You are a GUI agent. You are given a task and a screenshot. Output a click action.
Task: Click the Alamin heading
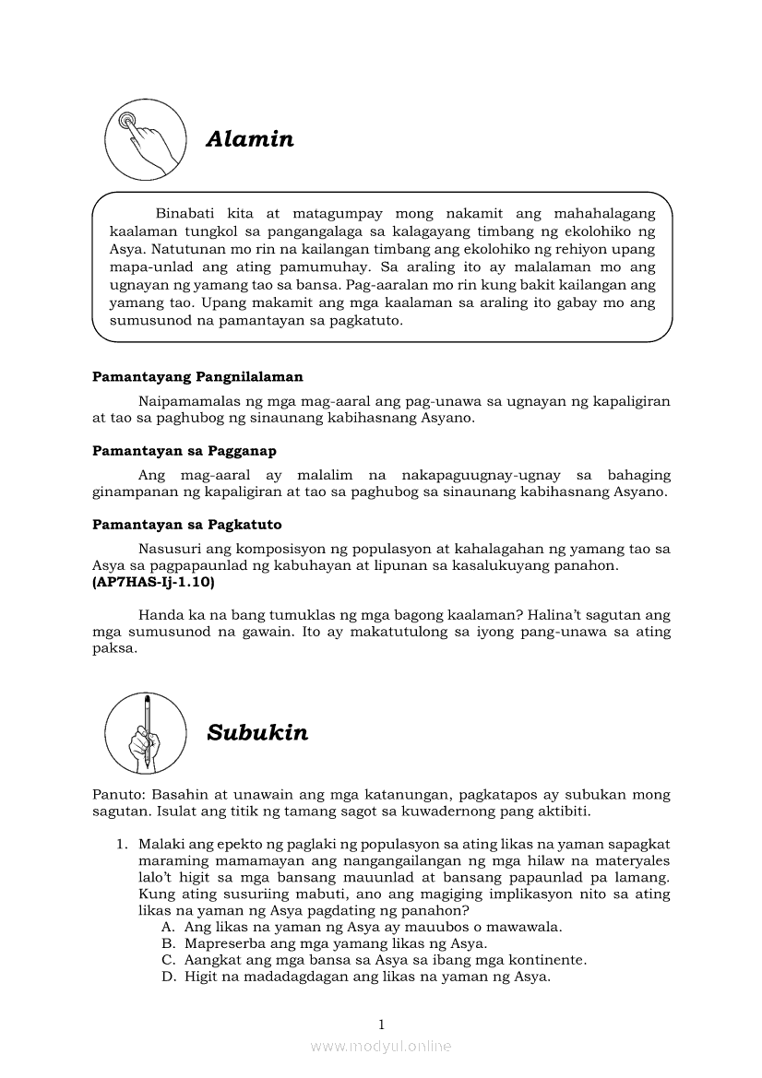[x=250, y=139]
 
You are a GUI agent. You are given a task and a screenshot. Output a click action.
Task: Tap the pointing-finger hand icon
[x=143, y=141]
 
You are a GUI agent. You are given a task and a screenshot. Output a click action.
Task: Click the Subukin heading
[x=257, y=733]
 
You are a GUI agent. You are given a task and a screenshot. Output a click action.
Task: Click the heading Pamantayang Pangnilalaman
[x=197, y=377]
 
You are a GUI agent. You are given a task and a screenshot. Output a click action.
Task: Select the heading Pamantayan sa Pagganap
[x=185, y=451]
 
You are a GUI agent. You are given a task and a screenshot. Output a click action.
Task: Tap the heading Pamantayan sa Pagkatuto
[x=187, y=525]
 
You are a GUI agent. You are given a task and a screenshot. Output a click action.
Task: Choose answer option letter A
[x=167, y=928]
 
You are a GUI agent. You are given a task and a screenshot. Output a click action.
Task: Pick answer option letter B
[x=167, y=944]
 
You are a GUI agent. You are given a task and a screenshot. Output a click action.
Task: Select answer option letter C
[x=167, y=960]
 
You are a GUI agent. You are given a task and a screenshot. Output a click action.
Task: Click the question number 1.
[x=120, y=844]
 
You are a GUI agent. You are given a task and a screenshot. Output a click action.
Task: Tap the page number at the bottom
[x=381, y=1025]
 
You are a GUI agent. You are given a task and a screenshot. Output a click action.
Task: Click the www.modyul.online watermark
[x=381, y=1047]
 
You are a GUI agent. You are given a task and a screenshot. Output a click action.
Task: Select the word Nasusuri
[x=171, y=549]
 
